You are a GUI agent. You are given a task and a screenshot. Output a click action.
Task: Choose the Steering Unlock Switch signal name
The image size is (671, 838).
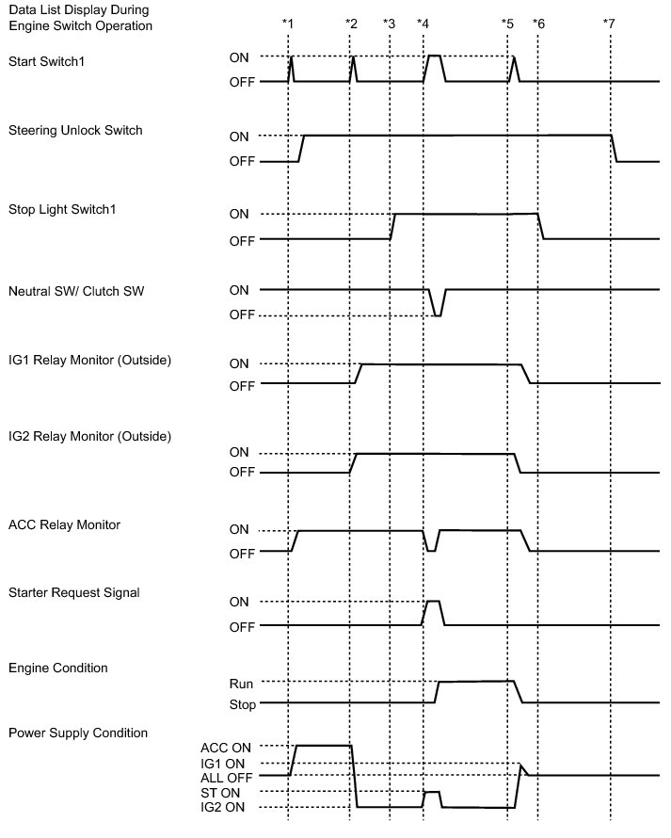[x=75, y=130]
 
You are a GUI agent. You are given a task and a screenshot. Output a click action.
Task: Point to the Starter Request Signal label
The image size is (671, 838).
[x=73, y=592]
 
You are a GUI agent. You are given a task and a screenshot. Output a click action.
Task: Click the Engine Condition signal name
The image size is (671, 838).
[x=57, y=668]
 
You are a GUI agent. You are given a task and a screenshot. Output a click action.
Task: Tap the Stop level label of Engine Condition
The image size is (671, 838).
[x=241, y=704]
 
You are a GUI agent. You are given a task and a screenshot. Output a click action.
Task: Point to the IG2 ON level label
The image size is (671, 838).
[x=226, y=808]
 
